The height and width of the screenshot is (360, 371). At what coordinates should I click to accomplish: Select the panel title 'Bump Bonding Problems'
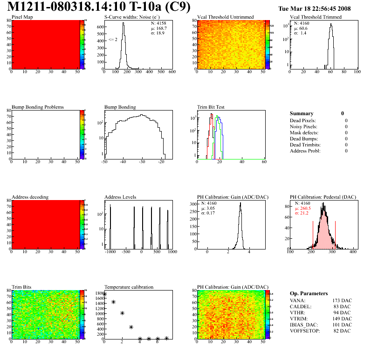(38, 107)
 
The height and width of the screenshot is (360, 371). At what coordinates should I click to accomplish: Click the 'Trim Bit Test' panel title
(211, 107)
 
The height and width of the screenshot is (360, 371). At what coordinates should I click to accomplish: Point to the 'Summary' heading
(302, 113)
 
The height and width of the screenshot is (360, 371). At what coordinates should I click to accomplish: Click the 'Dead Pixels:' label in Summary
(303, 120)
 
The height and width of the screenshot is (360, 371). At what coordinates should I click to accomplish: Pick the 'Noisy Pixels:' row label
(303, 126)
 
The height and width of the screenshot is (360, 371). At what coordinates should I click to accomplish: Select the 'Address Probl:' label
(305, 151)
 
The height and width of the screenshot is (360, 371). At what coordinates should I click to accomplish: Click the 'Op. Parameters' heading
(309, 293)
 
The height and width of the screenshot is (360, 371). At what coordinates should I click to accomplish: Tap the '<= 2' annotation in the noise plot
(113, 40)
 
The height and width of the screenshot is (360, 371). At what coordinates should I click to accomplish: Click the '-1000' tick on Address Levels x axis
(110, 252)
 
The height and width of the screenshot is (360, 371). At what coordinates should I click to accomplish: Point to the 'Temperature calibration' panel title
(129, 287)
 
